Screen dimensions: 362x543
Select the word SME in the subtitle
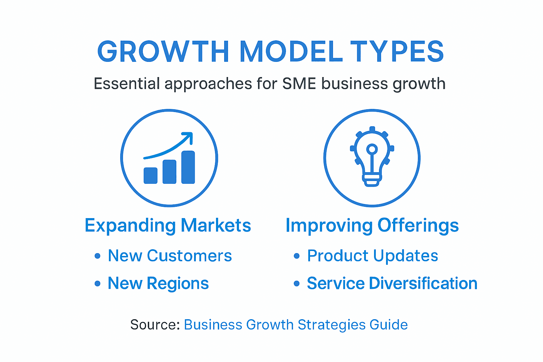coord(299,84)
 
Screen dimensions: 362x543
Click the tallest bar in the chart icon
coord(188,167)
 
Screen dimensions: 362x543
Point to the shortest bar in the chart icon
coord(151,175)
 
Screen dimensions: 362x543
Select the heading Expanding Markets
coord(168,226)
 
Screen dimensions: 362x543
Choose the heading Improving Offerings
coord(372,226)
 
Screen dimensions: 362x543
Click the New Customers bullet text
coord(170,256)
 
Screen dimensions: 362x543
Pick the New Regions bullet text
coord(158,283)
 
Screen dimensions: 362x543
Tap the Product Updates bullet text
coord(372,256)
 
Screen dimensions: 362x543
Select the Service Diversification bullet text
coord(392,283)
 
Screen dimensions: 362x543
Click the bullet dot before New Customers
coord(98,256)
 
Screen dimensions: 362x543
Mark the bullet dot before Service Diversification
coord(297,283)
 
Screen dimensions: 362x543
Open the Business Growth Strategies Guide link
coord(296,325)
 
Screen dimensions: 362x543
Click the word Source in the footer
coord(154,325)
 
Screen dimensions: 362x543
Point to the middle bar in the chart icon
coord(169,172)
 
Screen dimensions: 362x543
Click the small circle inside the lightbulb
coord(372,148)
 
